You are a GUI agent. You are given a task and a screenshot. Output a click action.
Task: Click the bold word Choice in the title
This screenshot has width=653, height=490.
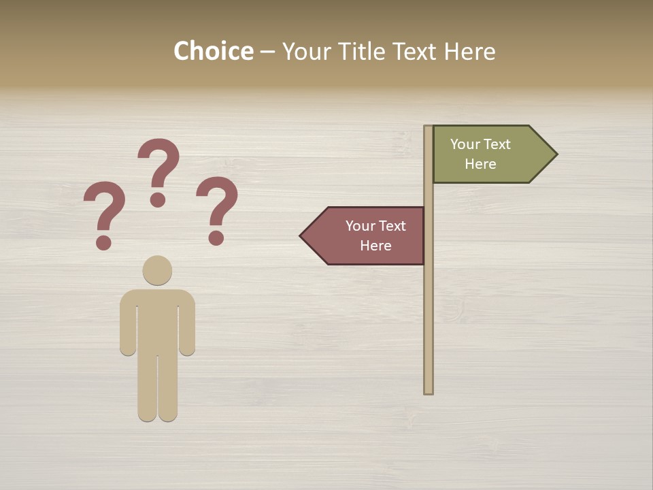click(213, 52)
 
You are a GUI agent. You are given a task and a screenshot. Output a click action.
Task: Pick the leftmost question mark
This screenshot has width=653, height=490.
click(104, 208)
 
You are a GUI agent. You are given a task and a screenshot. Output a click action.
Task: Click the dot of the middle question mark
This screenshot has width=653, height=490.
click(158, 199)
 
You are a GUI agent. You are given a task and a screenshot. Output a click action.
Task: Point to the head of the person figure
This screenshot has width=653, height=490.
click(157, 270)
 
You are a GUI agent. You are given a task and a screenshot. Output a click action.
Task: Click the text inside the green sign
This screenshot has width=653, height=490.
click(480, 154)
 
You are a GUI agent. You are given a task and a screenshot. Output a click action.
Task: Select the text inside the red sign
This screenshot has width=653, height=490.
click(375, 235)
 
